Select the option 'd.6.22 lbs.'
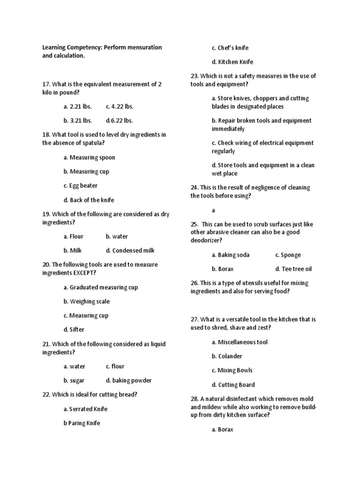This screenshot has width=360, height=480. (120, 120)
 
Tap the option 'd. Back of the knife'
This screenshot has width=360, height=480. (89, 200)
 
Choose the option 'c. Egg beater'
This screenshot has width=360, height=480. (81, 186)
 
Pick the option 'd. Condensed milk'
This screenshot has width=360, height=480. (130, 251)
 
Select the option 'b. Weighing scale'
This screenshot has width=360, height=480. (86, 301)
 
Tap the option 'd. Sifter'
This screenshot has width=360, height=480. (74, 330)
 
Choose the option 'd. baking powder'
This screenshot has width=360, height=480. (128, 381)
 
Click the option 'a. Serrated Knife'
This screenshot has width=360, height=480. (85, 409)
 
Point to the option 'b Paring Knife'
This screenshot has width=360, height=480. (82, 423)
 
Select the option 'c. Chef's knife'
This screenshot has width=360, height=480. (230, 48)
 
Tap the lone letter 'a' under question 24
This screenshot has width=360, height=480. (213, 211)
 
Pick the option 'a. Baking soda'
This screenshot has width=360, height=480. (231, 255)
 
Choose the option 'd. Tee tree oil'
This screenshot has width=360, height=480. (293, 270)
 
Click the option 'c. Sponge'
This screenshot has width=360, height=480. (288, 255)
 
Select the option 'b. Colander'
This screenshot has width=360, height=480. (227, 356)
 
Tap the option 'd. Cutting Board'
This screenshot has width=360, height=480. (233, 385)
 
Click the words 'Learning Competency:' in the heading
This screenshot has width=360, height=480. (72, 47)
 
